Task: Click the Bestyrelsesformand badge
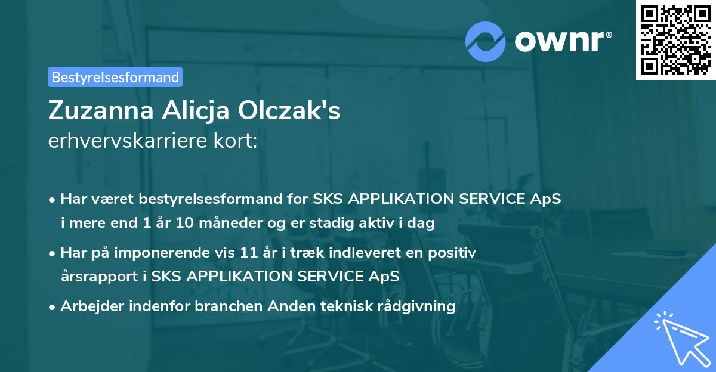115,77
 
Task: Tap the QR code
675,39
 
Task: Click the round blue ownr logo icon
486,41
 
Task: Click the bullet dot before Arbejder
53,307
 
